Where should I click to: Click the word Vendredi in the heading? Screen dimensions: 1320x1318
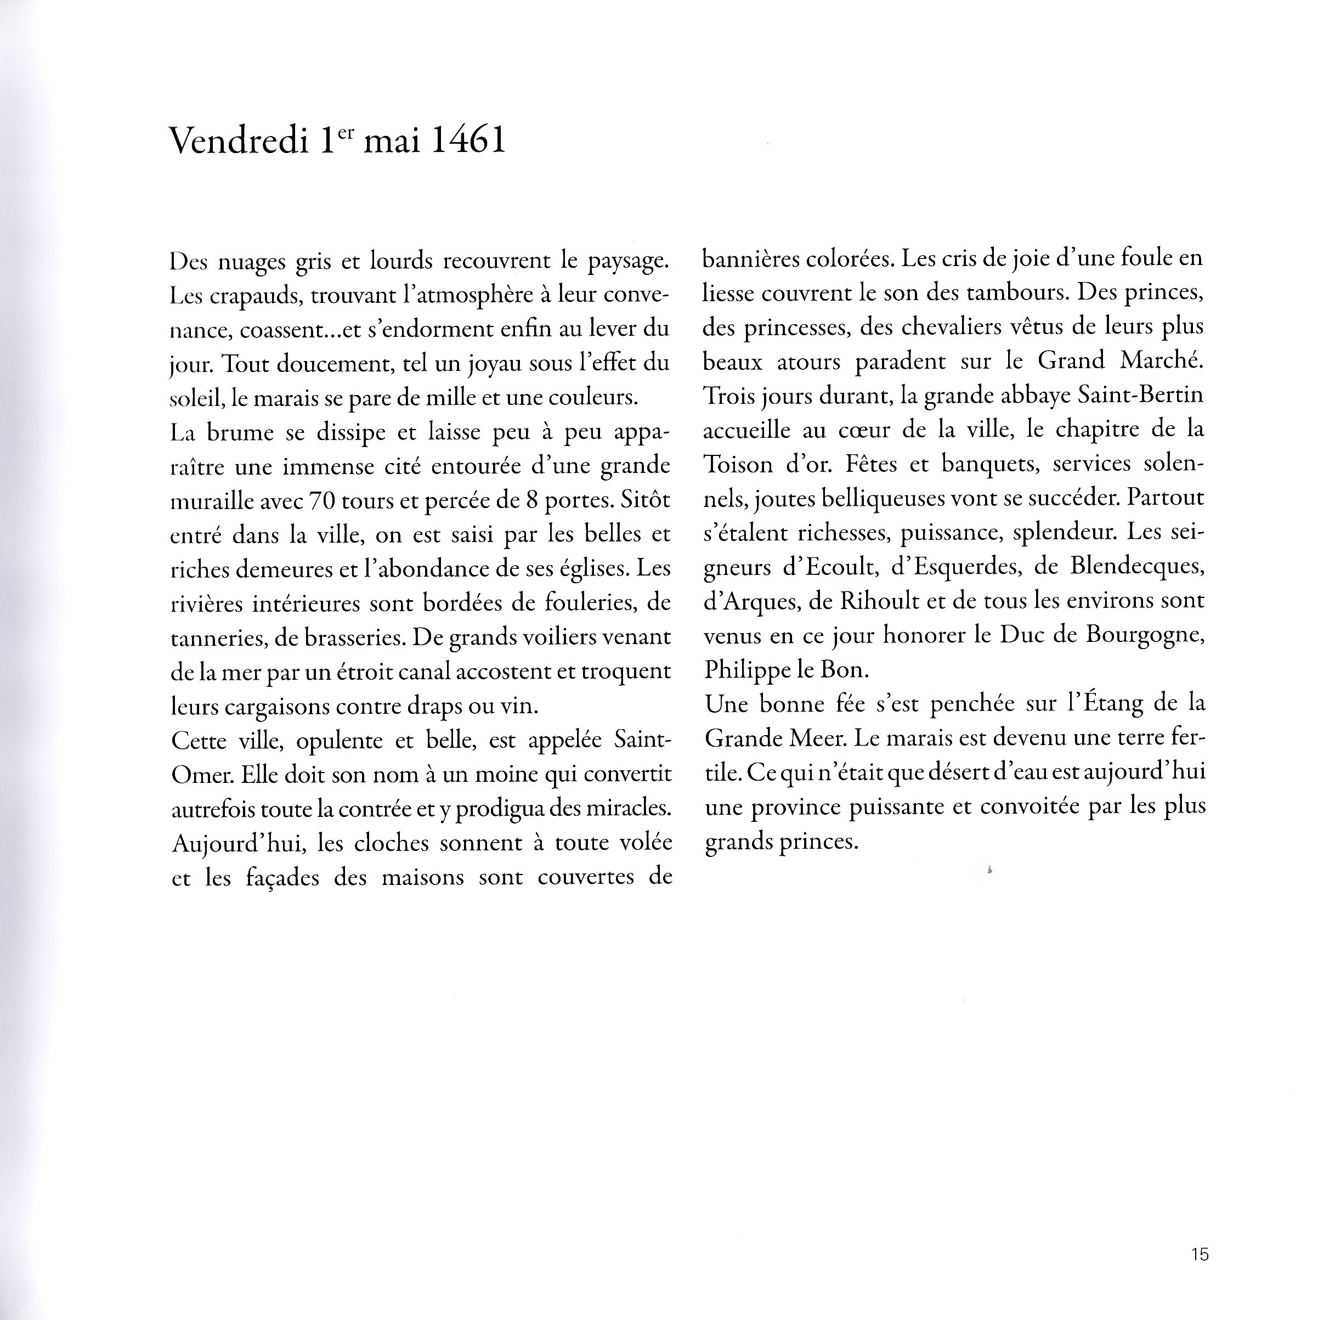point(239,142)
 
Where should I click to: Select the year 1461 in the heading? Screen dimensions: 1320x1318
point(468,141)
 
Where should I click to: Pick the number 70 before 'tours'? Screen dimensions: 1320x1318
point(321,501)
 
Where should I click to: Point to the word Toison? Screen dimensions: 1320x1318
point(738,465)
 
